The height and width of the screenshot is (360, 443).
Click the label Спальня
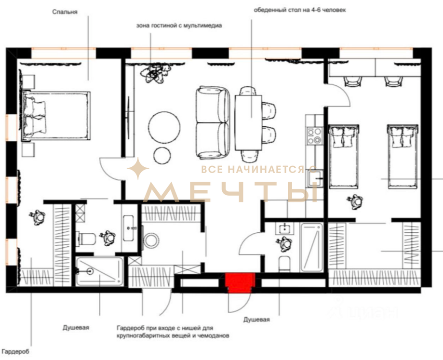[x=65, y=12]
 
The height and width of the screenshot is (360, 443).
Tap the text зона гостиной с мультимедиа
[x=179, y=26]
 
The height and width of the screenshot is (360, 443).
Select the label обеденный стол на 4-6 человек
[x=300, y=10]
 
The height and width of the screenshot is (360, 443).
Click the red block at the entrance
[x=240, y=282]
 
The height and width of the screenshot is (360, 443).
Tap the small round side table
[x=162, y=155]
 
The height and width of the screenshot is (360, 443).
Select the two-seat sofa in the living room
[x=213, y=123]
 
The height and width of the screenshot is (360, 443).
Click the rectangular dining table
[x=248, y=123]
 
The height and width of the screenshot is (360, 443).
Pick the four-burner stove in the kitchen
[x=314, y=135]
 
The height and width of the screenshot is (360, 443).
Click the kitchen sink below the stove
[x=315, y=178]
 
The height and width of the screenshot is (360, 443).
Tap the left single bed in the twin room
[x=344, y=157]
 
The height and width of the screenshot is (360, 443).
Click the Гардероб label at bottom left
[x=15, y=352]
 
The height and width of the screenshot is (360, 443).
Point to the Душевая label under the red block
[x=256, y=320]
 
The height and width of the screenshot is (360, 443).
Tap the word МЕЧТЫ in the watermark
[x=231, y=192]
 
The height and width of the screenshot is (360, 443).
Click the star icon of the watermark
[x=138, y=169]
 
